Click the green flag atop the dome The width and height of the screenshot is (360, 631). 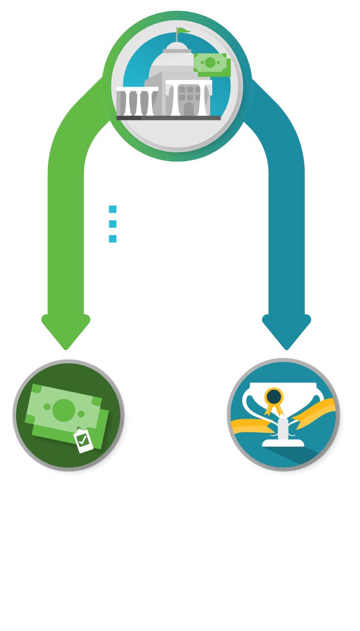coord(183,31)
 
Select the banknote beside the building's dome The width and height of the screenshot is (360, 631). coord(211,63)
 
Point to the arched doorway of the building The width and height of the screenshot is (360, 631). coord(189,109)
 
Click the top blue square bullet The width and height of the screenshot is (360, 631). coord(112,209)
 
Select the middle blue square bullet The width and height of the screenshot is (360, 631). coord(112,224)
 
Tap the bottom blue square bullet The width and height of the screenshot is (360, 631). coord(112,239)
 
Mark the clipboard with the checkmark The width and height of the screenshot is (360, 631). coord(84,440)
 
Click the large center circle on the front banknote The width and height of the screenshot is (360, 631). coord(64,410)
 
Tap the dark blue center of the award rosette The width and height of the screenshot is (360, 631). coord(274,396)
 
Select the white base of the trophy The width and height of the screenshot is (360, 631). coord(283,443)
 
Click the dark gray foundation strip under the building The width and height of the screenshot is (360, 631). coord(168,118)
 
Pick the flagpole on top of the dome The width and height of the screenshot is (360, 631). coord(177,35)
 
